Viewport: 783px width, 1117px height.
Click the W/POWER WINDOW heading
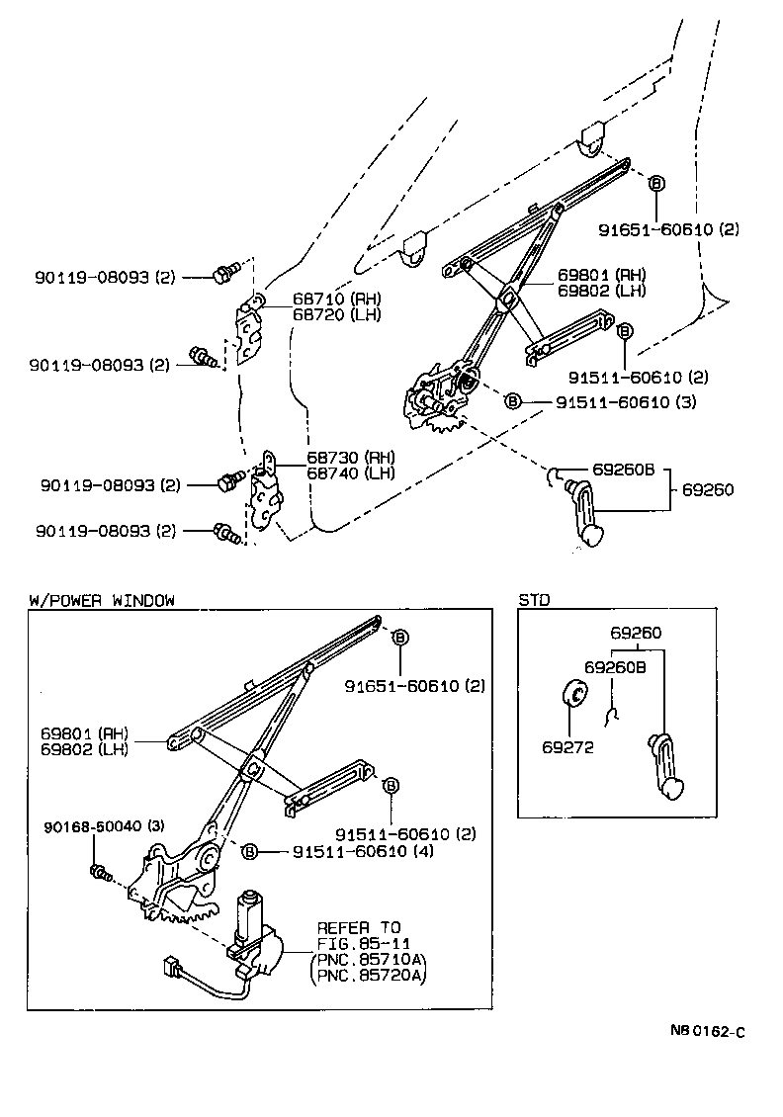click(102, 600)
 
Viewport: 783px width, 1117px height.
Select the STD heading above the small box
click(534, 600)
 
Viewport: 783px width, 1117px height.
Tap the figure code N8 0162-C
click(708, 1031)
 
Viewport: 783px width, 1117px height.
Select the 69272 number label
click(567, 747)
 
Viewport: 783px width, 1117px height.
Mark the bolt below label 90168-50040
click(100, 872)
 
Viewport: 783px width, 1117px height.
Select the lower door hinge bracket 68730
click(265, 494)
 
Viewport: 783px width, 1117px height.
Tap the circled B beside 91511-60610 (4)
click(250, 851)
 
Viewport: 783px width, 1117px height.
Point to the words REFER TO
click(359, 927)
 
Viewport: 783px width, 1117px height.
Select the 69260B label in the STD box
click(615, 667)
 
